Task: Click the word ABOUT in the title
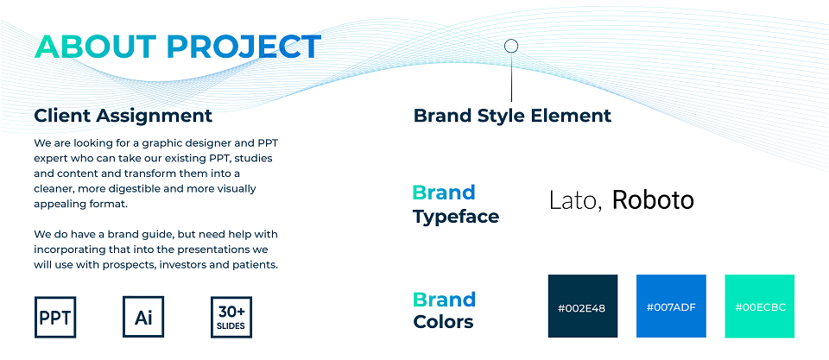click(95, 47)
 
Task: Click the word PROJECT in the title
click(244, 47)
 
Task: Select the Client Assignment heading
click(123, 116)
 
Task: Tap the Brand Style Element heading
click(512, 115)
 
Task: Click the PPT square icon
click(55, 317)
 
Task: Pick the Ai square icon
click(143, 317)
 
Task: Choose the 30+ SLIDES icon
click(231, 317)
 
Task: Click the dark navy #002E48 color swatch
click(583, 306)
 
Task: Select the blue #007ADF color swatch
click(671, 306)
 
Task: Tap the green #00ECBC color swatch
click(759, 306)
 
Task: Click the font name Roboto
click(653, 199)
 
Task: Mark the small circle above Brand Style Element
click(511, 47)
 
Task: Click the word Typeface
click(456, 217)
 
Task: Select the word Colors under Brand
click(444, 321)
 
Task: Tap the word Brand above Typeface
click(444, 193)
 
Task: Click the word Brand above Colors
click(444, 300)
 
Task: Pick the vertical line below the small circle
click(511, 77)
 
